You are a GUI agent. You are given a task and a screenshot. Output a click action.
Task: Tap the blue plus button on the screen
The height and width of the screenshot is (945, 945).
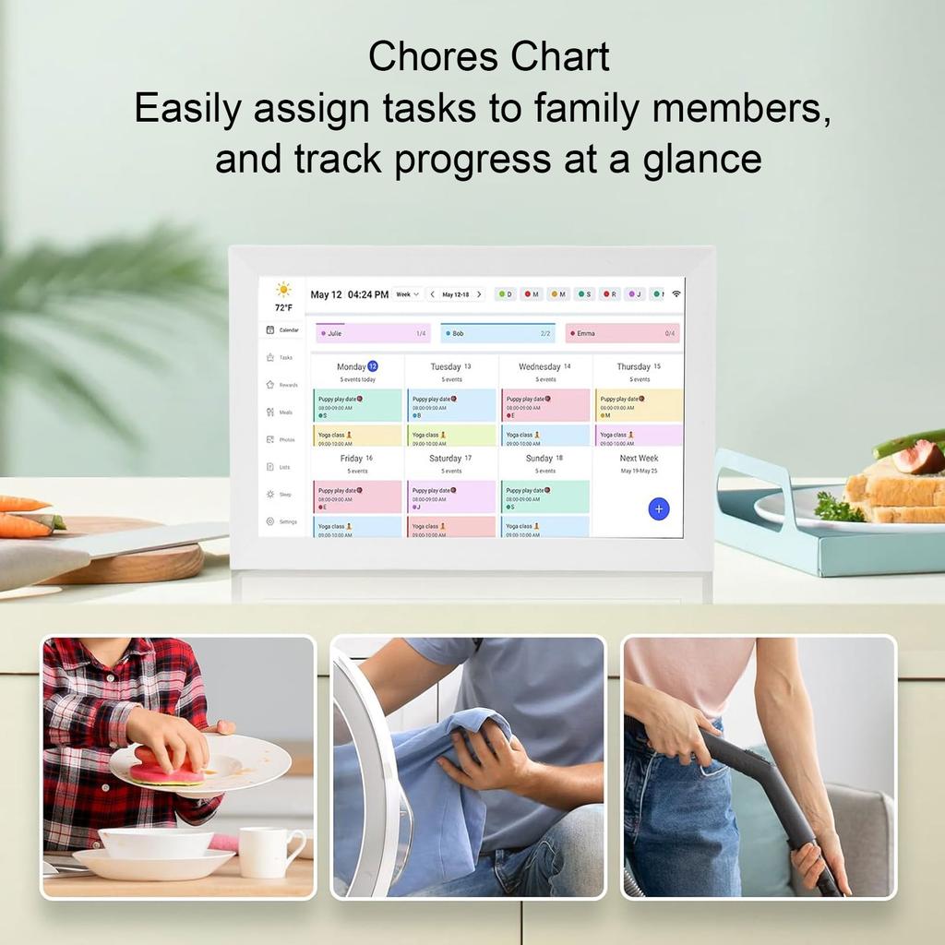pos(658,508)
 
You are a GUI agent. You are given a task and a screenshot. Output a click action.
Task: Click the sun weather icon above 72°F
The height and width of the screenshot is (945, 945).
pos(283,290)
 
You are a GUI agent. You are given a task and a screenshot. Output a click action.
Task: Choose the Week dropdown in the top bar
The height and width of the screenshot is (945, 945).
pos(408,294)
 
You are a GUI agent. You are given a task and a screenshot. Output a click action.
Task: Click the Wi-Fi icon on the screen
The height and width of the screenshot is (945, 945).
pos(676,293)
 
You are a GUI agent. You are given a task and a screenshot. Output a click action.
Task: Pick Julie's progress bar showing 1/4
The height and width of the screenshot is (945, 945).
pos(373,333)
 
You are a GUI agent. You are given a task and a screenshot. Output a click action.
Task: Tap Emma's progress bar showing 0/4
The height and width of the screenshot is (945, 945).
pos(622,333)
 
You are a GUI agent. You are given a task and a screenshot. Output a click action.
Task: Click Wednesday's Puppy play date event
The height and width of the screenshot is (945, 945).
pos(545,405)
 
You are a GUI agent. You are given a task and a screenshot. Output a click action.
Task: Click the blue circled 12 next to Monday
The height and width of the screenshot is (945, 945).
pos(373,366)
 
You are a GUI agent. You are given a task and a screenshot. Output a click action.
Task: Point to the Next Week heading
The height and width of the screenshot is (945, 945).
pos(639,459)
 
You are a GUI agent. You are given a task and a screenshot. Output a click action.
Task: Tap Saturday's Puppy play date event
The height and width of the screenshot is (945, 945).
pos(451,496)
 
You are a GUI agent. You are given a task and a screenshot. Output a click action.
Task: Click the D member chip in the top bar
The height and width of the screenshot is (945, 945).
pos(505,294)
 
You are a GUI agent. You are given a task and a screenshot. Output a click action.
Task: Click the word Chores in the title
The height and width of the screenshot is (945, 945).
pos(425,57)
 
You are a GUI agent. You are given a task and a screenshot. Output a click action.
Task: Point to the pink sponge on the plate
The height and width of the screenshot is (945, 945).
pos(166,769)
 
